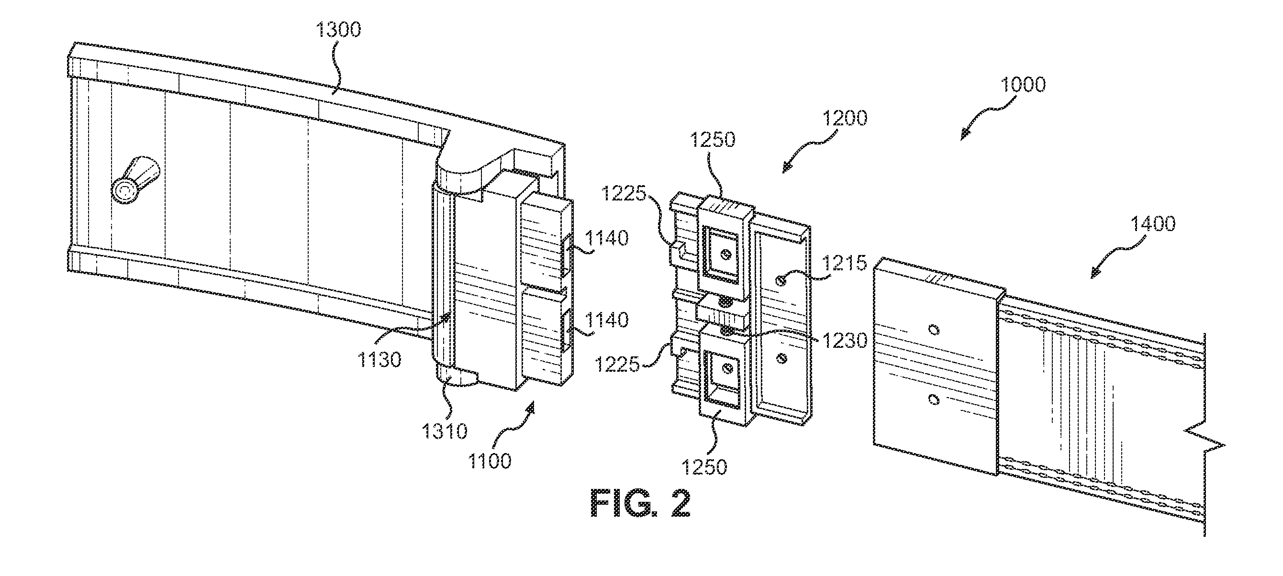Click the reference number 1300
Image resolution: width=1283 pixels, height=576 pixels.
tap(339, 30)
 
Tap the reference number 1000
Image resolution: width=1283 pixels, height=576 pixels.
tap(1023, 85)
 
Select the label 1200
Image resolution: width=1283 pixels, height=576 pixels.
tap(845, 119)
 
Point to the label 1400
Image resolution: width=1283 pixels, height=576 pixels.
tap(1152, 223)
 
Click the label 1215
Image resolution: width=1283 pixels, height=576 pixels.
tap(844, 263)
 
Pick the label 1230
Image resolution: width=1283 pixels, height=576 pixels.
tap(845, 341)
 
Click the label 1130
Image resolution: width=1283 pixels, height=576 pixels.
tap(379, 359)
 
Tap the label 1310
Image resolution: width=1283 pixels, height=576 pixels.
tap(444, 431)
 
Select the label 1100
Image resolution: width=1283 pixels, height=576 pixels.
tap(489, 461)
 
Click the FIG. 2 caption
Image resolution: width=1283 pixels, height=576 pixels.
tap(640, 505)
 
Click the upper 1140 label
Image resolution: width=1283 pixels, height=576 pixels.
tap(606, 238)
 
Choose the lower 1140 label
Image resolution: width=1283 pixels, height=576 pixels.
tap(606, 320)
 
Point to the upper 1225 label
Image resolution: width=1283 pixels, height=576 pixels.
tap(624, 194)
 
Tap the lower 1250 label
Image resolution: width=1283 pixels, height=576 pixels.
tap(704, 467)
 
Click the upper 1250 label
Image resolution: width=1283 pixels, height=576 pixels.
tap(712, 140)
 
